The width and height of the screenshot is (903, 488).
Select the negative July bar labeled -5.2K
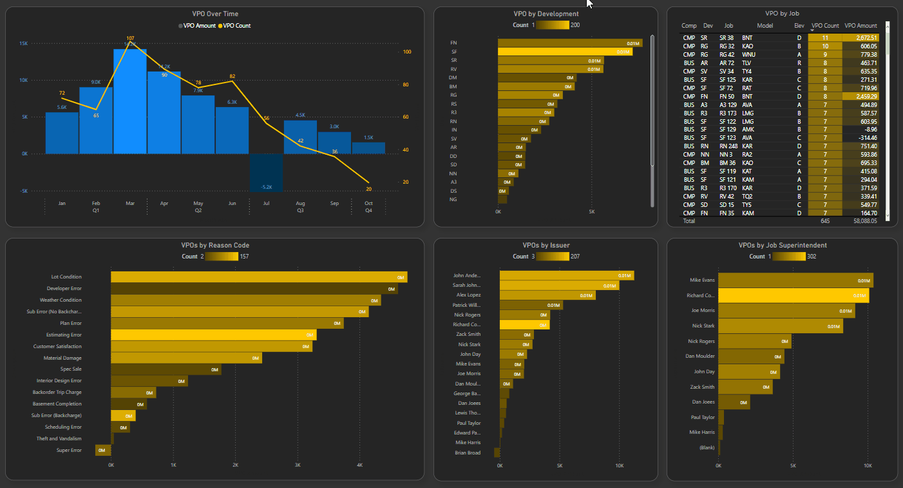(x=266, y=172)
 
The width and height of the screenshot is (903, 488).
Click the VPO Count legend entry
(x=235, y=26)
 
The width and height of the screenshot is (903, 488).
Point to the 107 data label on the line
(x=130, y=39)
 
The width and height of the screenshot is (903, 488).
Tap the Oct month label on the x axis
(x=368, y=203)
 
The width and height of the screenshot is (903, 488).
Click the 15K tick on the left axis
(x=23, y=44)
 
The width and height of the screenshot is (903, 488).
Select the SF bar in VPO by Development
(x=564, y=52)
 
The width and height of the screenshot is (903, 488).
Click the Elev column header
(x=799, y=26)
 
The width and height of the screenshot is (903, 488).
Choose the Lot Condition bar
(x=258, y=277)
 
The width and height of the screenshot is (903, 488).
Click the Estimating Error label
(x=64, y=335)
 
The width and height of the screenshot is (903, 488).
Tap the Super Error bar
(x=103, y=450)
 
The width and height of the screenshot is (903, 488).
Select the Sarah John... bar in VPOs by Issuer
(x=558, y=285)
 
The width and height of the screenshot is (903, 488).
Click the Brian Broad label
(x=467, y=453)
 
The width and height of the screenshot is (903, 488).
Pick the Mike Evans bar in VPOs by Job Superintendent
(x=795, y=280)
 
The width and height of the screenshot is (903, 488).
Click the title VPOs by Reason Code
(x=215, y=245)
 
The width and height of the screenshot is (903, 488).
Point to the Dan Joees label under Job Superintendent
(x=703, y=402)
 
